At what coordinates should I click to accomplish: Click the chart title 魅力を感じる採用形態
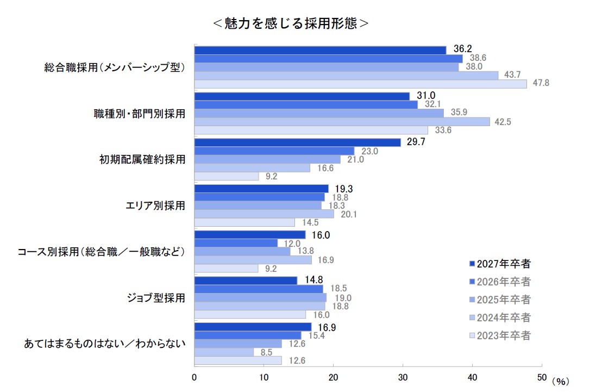[291, 24]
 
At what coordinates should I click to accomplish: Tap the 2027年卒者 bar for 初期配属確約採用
[297, 142]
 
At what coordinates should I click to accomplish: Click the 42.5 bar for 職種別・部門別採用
[342, 122]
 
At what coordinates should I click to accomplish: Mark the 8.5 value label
[266, 352]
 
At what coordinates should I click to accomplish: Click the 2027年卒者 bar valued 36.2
[320, 50]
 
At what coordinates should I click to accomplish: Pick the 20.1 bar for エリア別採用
[264, 214]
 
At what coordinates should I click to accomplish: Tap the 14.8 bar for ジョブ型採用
[246, 281]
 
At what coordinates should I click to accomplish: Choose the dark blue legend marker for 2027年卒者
[471, 264]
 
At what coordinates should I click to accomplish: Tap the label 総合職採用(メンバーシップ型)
[115, 68]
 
